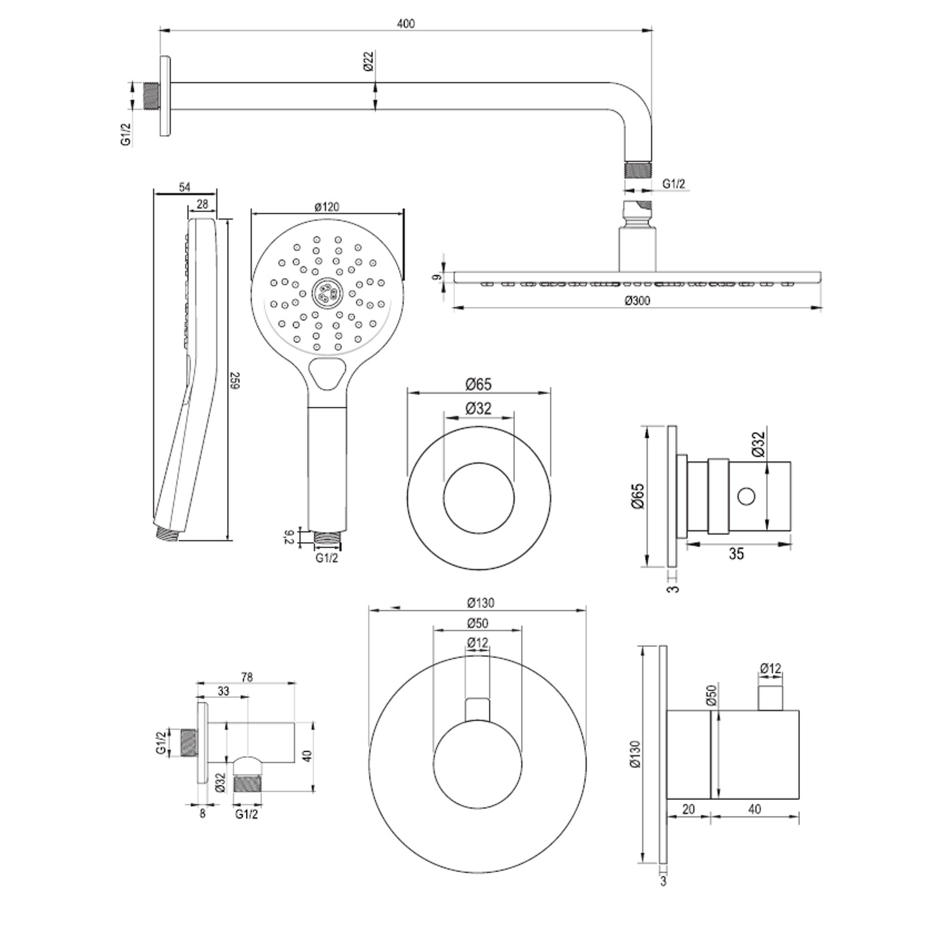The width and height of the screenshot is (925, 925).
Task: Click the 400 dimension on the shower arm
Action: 406,23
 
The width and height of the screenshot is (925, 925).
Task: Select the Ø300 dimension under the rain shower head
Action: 637,300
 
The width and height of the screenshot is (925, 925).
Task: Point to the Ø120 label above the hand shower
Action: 327,207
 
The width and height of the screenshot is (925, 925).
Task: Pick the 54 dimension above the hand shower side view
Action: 184,187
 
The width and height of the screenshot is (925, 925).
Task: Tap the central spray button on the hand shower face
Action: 327,292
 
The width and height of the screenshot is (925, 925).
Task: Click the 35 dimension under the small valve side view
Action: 736,553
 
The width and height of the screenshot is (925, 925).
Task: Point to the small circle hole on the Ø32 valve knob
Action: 746,495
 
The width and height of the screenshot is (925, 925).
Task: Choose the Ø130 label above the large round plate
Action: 480,602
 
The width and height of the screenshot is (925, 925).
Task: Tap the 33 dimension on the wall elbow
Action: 223,691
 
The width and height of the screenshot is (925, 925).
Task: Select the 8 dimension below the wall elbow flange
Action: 202,813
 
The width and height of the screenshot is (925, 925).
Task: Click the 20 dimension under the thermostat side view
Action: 689,809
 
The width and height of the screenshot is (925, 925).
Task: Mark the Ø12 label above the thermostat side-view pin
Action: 770,668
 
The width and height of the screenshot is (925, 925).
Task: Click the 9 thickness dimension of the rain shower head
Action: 437,277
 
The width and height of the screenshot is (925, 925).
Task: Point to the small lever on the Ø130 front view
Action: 478,710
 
